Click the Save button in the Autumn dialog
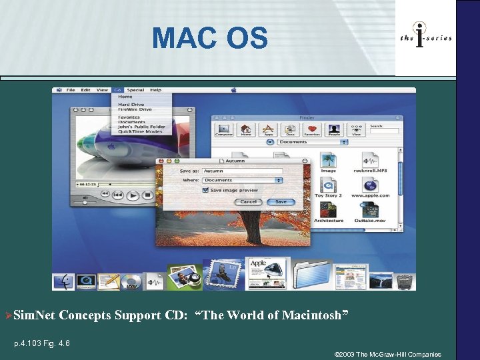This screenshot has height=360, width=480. pyautogui.click(x=281, y=202)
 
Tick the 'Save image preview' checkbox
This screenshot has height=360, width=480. pyautogui.click(x=205, y=190)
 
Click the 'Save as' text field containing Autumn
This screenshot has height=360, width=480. pyautogui.click(x=243, y=171)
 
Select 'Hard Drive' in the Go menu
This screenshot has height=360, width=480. pyautogui.click(x=131, y=105)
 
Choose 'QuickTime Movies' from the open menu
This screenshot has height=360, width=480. pyautogui.click(x=140, y=132)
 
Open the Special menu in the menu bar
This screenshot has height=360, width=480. pyautogui.click(x=135, y=90)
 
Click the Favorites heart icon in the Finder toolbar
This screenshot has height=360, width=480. pyautogui.click(x=312, y=129)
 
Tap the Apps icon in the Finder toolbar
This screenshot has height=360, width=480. pyautogui.click(x=268, y=129)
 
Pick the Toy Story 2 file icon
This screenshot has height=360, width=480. pyautogui.click(x=328, y=185)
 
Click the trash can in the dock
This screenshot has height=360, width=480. pyautogui.click(x=404, y=281)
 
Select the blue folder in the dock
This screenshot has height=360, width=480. pyautogui.click(x=311, y=274)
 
